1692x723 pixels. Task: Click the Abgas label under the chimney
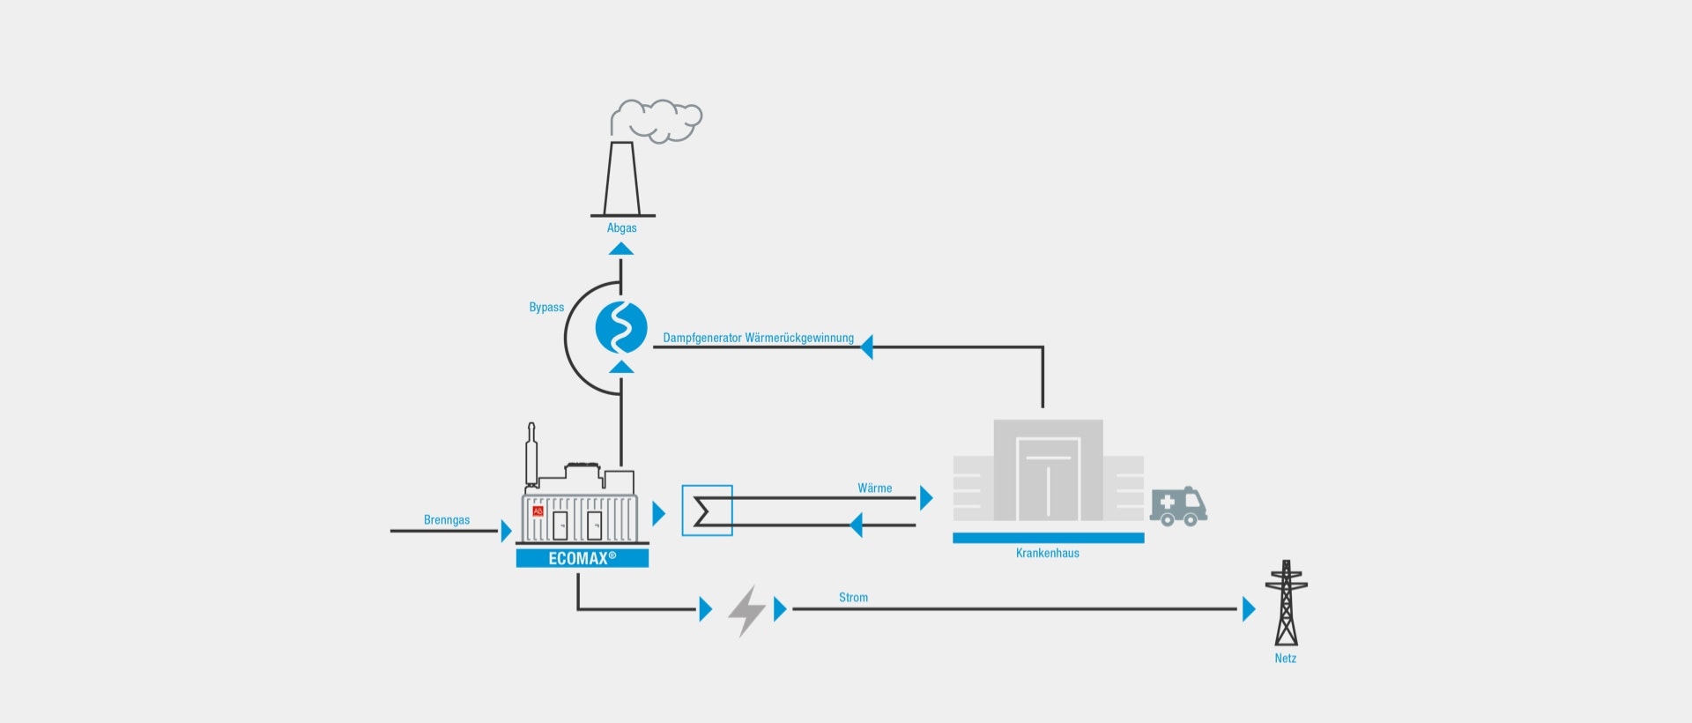(x=621, y=228)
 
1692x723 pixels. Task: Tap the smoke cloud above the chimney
(x=657, y=120)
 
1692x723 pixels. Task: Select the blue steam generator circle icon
(x=621, y=327)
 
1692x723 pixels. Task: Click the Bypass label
(x=546, y=308)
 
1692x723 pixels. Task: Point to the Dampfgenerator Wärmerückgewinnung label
(x=758, y=338)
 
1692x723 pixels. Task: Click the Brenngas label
(x=447, y=520)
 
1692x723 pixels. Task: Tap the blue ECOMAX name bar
(x=583, y=558)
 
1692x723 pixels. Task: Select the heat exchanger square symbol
(x=707, y=511)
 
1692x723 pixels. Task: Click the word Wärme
(x=875, y=488)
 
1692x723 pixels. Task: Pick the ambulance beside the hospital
(x=1178, y=507)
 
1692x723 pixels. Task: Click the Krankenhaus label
(x=1048, y=554)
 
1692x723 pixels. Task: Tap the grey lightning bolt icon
(x=746, y=610)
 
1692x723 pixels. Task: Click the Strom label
(x=853, y=598)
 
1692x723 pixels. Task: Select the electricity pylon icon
(x=1286, y=603)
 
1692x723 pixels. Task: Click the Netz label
(x=1286, y=659)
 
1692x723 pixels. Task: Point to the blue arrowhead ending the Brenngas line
(x=507, y=531)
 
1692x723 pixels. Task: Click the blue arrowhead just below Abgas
(x=621, y=249)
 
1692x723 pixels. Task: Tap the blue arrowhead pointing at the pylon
(x=1249, y=608)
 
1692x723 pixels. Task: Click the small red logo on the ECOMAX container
(x=538, y=511)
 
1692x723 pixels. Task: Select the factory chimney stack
(x=622, y=179)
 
